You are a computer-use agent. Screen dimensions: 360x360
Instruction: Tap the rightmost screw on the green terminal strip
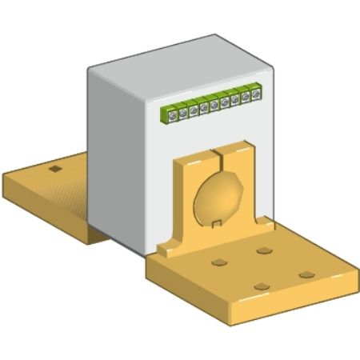coord(256,94)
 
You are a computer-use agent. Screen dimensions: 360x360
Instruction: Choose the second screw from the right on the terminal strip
coord(246,97)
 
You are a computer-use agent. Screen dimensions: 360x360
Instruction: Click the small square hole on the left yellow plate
coord(54,170)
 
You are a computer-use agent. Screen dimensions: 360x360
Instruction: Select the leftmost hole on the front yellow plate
coord(218,262)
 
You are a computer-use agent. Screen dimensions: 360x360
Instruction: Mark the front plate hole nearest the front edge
coord(261,286)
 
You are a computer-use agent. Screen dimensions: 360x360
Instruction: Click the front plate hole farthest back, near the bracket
coord(262,250)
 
